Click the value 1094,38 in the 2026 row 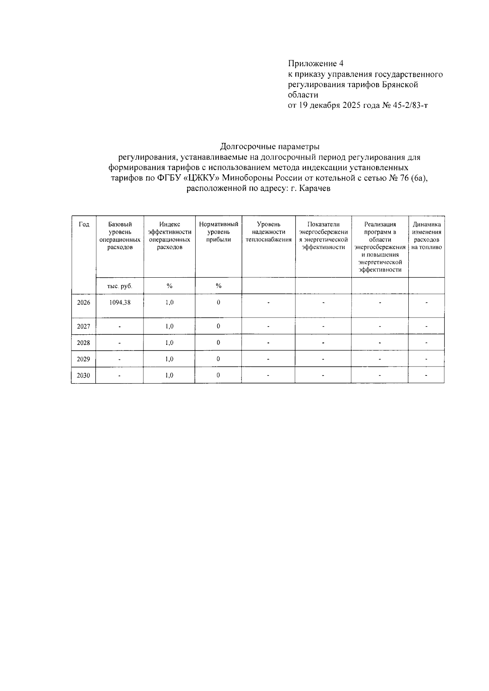click(x=120, y=303)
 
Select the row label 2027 click(x=83, y=326)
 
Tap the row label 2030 click(x=83, y=375)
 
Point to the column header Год click(x=84, y=224)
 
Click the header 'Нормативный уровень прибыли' click(x=218, y=232)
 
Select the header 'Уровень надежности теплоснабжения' click(x=269, y=232)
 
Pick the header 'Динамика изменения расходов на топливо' click(x=427, y=236)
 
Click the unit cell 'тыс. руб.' click(x=120, y=286)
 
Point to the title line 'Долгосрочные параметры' click(x=270, y=146)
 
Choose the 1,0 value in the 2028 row click(x=170, y=343)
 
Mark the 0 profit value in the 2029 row click(x=218, y=359)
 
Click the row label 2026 click(x=83, y=303)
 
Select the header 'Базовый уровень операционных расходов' click(x=120, y=236)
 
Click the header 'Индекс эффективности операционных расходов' click(x=170, y=236)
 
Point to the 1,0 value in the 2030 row click(x=170, y=375)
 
